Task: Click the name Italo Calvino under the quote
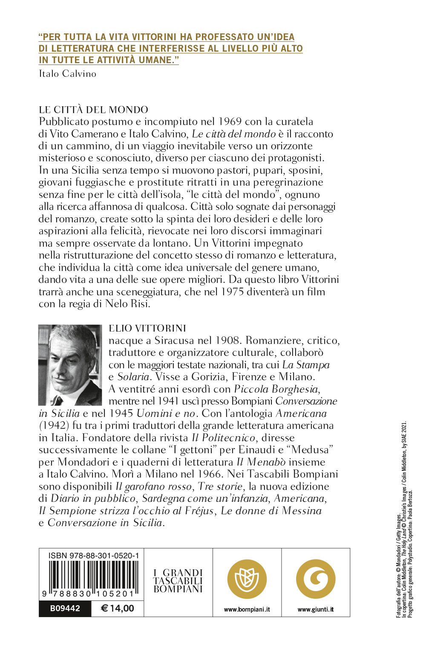67,74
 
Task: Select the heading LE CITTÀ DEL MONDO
93,110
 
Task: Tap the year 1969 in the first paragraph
230,122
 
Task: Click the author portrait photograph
70,365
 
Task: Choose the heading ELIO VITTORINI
147,328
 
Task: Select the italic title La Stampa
306,365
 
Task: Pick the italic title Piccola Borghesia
276,389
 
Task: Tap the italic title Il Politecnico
224,438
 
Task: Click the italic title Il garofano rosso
154,487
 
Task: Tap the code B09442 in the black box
65,609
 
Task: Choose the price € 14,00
118,609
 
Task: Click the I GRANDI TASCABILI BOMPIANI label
178,581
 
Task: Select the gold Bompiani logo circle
247,579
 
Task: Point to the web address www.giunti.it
316,609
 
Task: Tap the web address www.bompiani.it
247,609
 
